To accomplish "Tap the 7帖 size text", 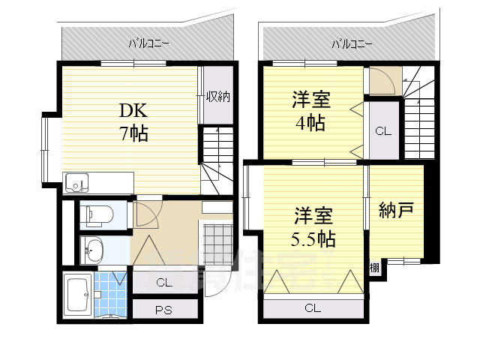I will [x=134, y=134].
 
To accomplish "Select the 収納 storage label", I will [x=217, y=96].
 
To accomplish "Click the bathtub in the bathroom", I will [x=78, y=295].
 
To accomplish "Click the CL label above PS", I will [x=163, y=282].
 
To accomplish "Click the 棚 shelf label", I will [x=373, y=266].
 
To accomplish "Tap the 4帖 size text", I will [x=310, y=122].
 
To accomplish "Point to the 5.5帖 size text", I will [x=314, y=240].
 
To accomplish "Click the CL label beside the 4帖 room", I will [x=383, y=131].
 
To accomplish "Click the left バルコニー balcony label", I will [x=148, y=43].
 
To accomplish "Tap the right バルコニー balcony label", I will [x=352, y=43].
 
